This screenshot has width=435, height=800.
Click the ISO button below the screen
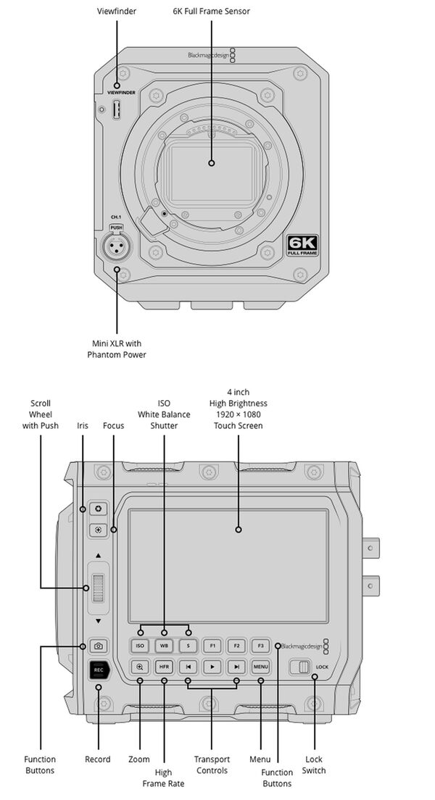(x=141, y=645)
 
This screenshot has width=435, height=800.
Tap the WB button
(x=165, y=645)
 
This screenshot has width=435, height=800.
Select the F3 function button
(x=260, y=645)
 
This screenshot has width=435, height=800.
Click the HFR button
(x=165, y=667)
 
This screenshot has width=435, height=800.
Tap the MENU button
(x=260, y=667)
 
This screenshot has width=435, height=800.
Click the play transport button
(x=212, y=667)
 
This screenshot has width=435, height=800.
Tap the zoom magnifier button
(x=141, y=667)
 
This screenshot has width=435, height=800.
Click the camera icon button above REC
(x=99, y=645)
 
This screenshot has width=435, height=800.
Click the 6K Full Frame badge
(x=302, y=245)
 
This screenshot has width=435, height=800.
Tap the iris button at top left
(x=99, y=509)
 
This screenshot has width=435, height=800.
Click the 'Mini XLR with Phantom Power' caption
(x=117, y=349)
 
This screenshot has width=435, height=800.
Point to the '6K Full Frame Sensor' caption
(x=211, y=12)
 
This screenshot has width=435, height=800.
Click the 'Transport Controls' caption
(x=212, y=764)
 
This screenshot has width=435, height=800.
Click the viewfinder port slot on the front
(x=116, y=109)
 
